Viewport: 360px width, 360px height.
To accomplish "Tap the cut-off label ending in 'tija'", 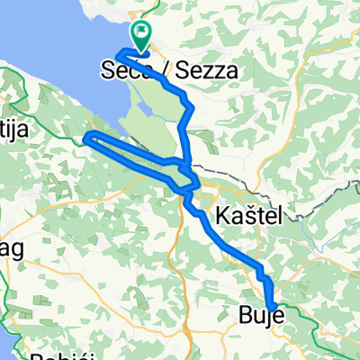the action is [14, 130].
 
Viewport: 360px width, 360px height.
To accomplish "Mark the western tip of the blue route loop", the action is [85, 138].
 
